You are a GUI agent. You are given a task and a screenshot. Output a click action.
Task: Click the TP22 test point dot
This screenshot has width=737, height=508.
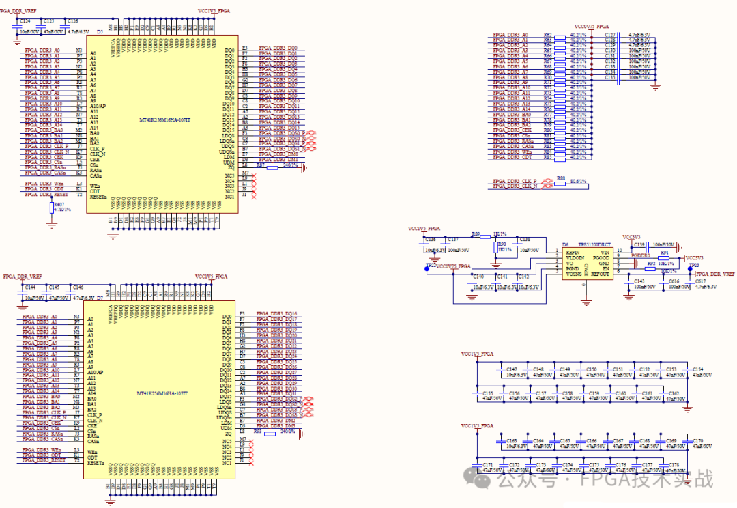[x=427, y=269]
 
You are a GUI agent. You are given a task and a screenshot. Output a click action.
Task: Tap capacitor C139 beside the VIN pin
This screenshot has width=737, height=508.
[x=639, y=244]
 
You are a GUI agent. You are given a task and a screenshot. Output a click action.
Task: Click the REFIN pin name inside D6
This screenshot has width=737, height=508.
[x=572, y=251]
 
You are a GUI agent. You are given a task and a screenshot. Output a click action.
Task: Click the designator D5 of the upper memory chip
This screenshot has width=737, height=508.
[x=100, y=31]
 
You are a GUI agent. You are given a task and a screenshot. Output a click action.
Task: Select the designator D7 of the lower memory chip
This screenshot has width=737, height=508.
[x=100, y=298]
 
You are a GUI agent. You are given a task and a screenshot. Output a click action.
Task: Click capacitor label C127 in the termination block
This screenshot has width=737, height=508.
[x=610, y=34]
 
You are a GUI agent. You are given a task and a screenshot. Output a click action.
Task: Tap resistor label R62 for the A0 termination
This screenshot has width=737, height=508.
[x=547, y=34]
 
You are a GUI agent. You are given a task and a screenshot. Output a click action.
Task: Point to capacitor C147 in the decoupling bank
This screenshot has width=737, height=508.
[x=512, y=369]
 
